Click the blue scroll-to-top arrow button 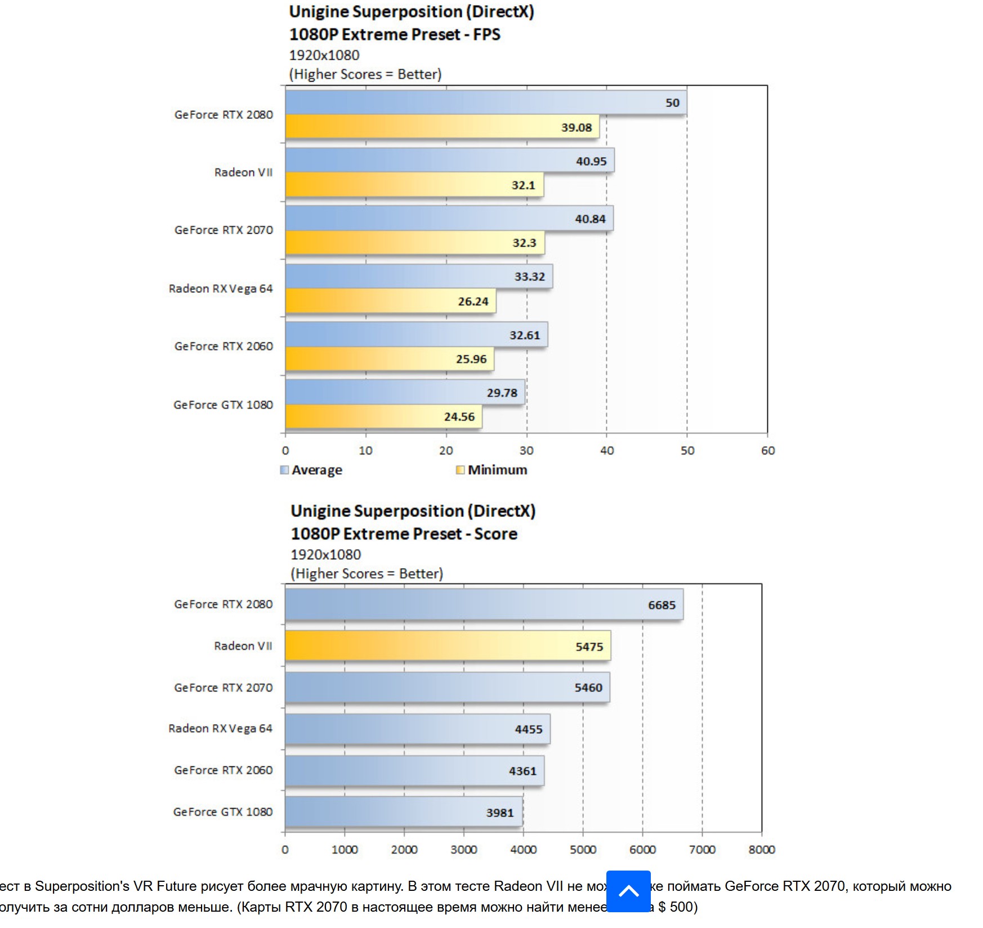(628, 891)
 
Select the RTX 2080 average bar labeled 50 (485, 102)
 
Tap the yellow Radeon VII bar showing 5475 (448, 646)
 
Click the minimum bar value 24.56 (459, 417)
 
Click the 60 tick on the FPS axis (767, 450)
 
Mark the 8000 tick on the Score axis (761, 849)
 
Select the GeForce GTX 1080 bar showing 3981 (403, 812)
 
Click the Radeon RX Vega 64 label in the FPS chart (221, 289)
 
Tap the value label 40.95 (591, 161)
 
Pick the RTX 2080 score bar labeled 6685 (484, 605)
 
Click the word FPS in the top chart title (486, 34)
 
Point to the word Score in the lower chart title (495, 534)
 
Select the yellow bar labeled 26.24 (390, 301)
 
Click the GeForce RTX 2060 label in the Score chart (224, 770)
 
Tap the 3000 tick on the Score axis (463, 849)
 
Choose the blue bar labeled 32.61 (416, 335)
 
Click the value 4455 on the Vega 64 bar (529, 729)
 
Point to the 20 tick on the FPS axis (446, 450)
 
